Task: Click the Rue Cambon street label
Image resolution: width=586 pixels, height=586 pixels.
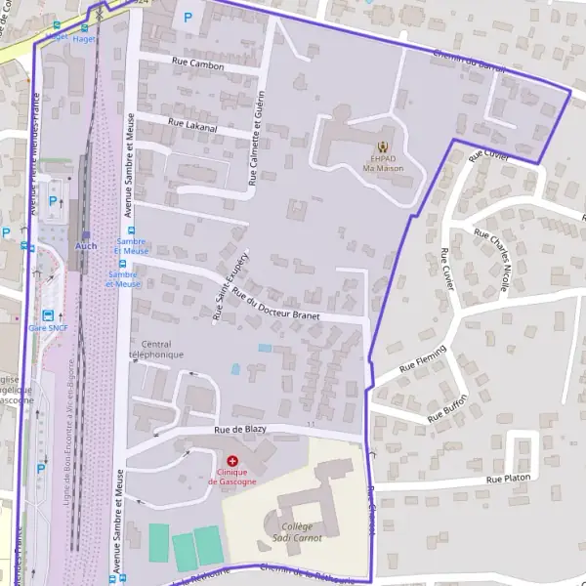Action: pyautogui.click(x=197, y=66)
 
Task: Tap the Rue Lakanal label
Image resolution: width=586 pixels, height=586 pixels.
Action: pyautogui.click(x=192, y=124)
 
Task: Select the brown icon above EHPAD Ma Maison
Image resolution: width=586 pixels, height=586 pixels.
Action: pyautogui.click(x=381, y=148)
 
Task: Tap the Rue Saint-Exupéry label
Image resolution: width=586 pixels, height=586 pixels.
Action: pyautogui.click(x=231, y=285)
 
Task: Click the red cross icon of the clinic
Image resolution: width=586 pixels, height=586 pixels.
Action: pyautogui.click(x=232, y=460)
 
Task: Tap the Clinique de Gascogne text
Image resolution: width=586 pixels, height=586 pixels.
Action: pyautogui.click(x=232, y=477)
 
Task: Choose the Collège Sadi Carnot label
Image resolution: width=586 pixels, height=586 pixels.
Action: pyautogui.click(x=294, y=530)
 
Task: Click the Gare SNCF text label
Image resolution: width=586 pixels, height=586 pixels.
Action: pyautogui.click(x=48, y=328)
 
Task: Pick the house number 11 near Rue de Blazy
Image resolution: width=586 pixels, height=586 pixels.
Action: pyautogui.click(x=311, y=424)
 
